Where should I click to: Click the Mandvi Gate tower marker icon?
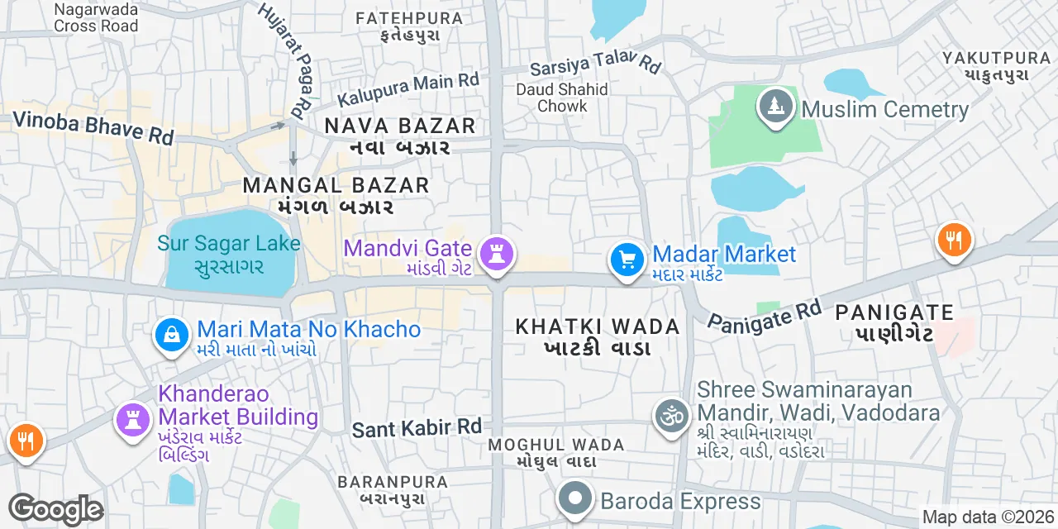(497, 252)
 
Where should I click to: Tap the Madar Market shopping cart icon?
(627, 260)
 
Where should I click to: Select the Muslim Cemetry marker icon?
(775, 108)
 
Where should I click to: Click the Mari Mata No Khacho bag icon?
(171, 335)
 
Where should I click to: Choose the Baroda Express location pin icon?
(575, 499)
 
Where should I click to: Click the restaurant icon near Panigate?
(955, 241)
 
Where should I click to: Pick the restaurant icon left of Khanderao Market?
(26, 441)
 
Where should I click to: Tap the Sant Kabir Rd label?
(417, 428)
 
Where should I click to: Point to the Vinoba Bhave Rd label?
(93, 127)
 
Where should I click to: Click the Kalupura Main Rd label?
(408, 88)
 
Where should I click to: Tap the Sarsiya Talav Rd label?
(596, 60)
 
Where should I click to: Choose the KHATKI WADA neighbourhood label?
(598, 326)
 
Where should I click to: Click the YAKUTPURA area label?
(995, 58)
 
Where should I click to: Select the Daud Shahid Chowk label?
(562, 97)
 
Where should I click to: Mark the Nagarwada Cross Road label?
(97, 17)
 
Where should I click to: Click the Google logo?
(55, 509)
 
